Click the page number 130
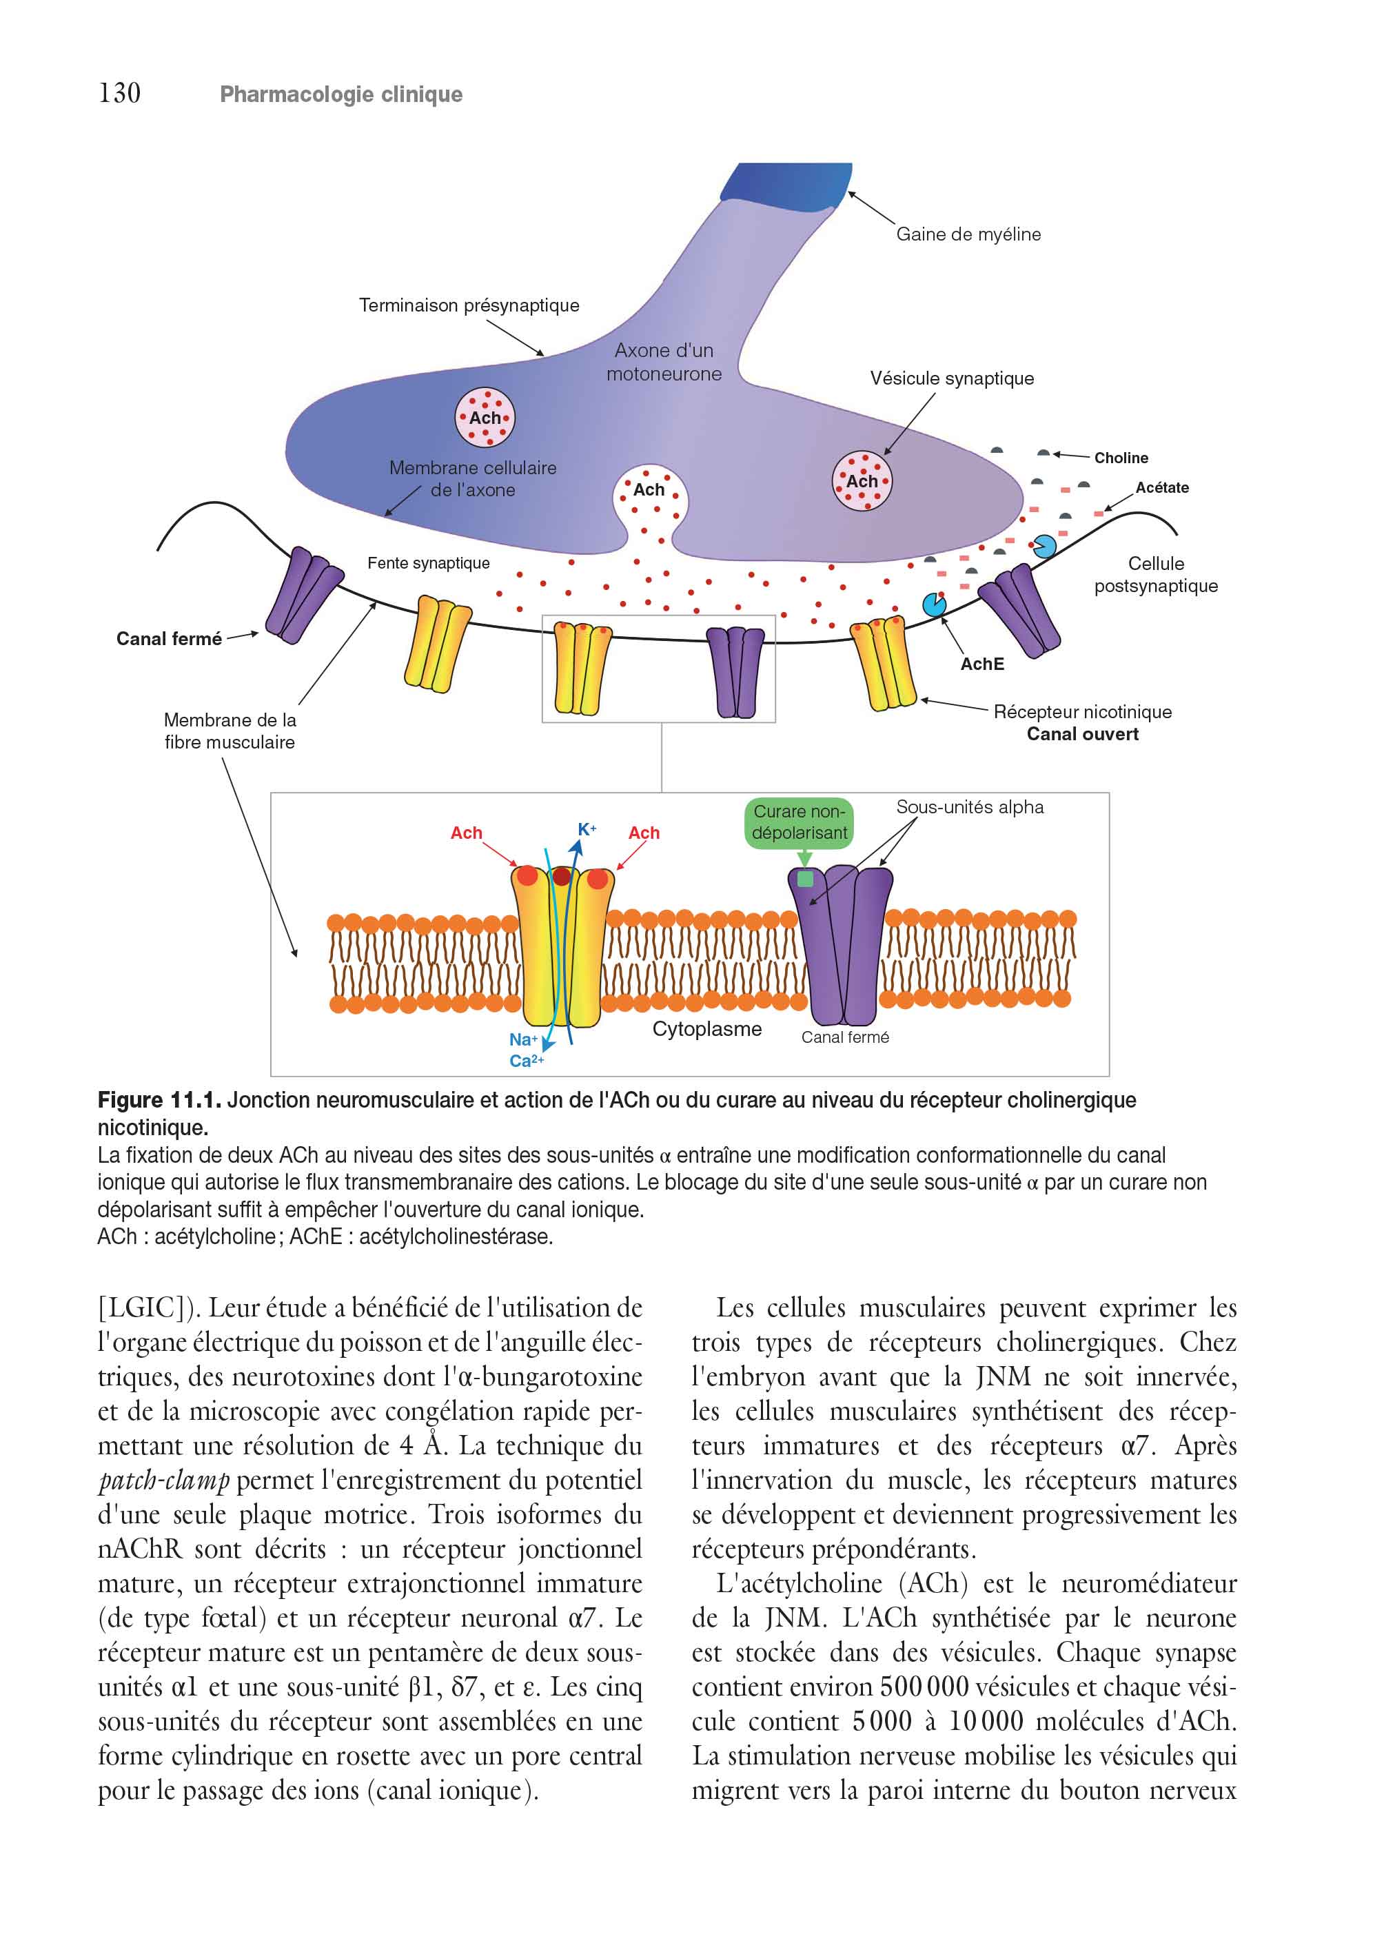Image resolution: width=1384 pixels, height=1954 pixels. tap(119, 93)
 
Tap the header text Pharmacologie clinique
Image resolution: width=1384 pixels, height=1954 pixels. tap(341, 94)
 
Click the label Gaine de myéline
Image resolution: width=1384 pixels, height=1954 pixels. tap(968, 234)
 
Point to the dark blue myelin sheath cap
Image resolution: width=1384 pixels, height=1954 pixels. tap(787, 181)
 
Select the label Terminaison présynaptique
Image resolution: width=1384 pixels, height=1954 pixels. tap(469, 305)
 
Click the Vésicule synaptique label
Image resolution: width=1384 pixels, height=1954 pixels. tap(952, 378)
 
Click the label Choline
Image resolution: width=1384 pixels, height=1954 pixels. tap(1121, 458)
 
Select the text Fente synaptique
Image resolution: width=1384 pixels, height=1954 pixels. tap(429, 563)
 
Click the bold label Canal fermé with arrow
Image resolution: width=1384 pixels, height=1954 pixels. tap(169, 639)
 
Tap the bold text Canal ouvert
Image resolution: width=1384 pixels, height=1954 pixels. tap(1082, 735)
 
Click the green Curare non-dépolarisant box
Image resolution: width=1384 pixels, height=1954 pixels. tap(800, 823)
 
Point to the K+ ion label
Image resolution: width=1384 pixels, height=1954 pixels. tap(587, 829)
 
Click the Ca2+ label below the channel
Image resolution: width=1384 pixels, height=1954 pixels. tap(527, 1061)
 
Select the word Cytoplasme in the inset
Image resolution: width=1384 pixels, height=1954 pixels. tap(707, 1030)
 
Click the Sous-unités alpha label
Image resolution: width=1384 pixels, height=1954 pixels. tap(970, 807)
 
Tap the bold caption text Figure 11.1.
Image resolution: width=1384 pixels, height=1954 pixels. tap(159, 1100)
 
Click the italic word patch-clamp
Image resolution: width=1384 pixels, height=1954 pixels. tap(163, 1481)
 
